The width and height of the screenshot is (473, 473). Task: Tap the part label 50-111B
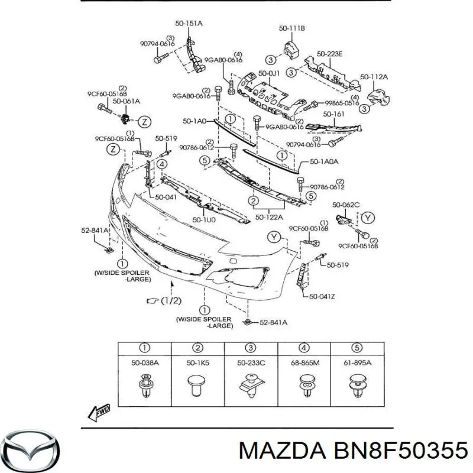(x=292, y=28)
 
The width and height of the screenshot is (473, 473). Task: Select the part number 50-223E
(x=329, y=54)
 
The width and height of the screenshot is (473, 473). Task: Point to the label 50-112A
(x=375, y=77)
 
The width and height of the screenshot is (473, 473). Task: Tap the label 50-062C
(x=346, y=205)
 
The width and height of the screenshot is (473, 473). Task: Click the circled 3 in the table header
(x=250, y=348)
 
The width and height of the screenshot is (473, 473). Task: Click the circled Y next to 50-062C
(x=369, y=217)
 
